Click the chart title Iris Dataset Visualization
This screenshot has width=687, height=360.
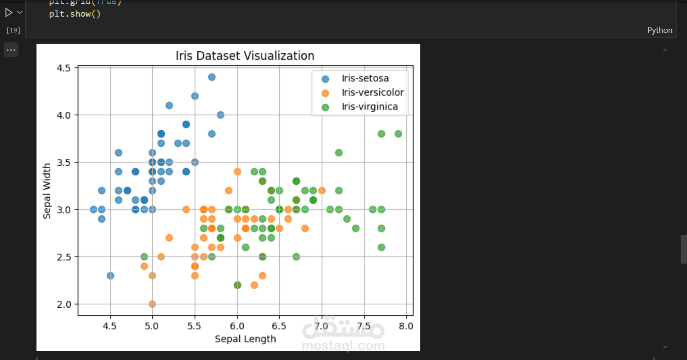coord(245,56)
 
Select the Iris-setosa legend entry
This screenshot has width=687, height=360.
coord(365,78)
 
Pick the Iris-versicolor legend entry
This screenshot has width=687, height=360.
coord(373,92)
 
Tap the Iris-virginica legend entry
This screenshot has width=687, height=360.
coord(369,107)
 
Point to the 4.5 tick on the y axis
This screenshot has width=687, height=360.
coord(64,68)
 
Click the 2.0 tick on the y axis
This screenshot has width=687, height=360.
coord(64,304)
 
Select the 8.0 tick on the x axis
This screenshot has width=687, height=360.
coord(406,326)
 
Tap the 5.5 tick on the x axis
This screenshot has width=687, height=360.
coord(195,326)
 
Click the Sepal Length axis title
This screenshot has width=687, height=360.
coord(245,339)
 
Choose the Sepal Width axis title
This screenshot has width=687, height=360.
coord(47,191)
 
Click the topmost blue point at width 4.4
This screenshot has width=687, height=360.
coord(212,77)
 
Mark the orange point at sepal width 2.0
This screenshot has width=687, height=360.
coord(152,304)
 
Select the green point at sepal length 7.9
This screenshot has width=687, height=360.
coord(398,134)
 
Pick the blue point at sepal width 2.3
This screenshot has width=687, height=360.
coord(110,276)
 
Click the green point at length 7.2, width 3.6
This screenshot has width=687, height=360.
coord(339,153)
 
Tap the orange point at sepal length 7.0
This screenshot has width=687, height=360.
coord(322,191)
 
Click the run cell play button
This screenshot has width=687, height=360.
coord(9,13)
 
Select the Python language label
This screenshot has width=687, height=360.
coord(660,30)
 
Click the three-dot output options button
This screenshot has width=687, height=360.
coord(11,50)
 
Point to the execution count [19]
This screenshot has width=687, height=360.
coord(13,30)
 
